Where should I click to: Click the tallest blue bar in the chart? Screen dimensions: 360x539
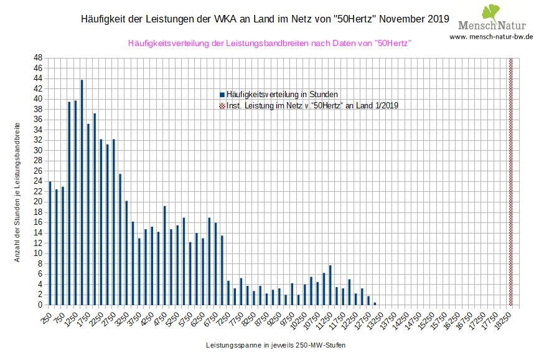coord(82,192)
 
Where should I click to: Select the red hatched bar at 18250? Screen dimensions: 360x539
coord(511,181)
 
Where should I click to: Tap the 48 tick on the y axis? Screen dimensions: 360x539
coord(38,57)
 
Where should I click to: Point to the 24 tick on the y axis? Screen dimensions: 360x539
coord(38,181)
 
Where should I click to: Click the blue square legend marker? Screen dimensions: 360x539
coord(222,94)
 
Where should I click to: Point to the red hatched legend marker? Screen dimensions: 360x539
coord(222,105)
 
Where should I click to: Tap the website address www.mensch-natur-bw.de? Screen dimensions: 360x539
coord(491,37)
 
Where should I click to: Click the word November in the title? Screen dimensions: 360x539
coord(401,19)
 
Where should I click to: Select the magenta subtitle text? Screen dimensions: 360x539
coord(269,44)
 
